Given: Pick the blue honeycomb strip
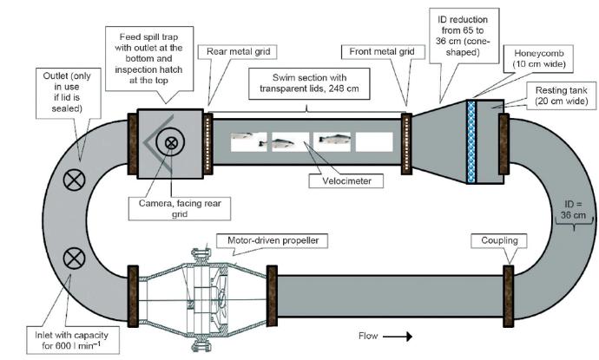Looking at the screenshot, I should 473,141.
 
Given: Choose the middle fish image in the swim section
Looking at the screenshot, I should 289,141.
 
